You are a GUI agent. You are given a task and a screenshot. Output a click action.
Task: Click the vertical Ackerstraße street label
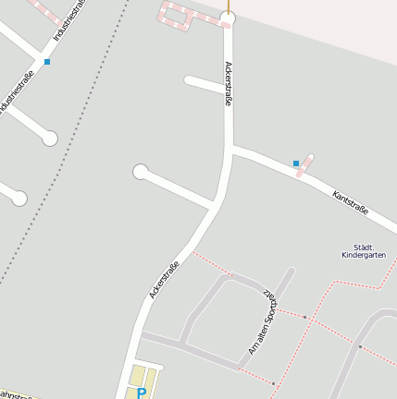(x=228, y=84)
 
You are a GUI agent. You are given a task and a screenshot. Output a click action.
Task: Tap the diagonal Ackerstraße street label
(x=164, y=279)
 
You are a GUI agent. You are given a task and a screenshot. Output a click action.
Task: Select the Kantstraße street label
(x=350, y=203)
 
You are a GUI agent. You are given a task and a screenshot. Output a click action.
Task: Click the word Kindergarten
(x=363, y=255)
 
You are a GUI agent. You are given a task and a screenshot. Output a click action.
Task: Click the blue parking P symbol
(x=141, y=393)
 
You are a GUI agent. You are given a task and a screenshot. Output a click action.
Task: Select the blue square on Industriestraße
(x=47, y=61)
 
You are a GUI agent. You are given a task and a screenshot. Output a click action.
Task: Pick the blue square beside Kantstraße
(x=296, y=163)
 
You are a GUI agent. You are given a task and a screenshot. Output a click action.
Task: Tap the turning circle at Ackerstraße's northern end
(x=228, y=18)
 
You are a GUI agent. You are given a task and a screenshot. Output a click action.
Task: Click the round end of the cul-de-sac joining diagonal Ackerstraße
(x=141, y=171)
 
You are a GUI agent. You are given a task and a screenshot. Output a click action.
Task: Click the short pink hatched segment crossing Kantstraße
(x=304, y=165)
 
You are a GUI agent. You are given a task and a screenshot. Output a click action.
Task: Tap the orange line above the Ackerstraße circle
(x=228, y=5)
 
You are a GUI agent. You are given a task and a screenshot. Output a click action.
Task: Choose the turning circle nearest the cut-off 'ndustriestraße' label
(x=50, y=139)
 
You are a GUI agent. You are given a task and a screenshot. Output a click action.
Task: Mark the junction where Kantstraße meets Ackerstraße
(x=230, y=147)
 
